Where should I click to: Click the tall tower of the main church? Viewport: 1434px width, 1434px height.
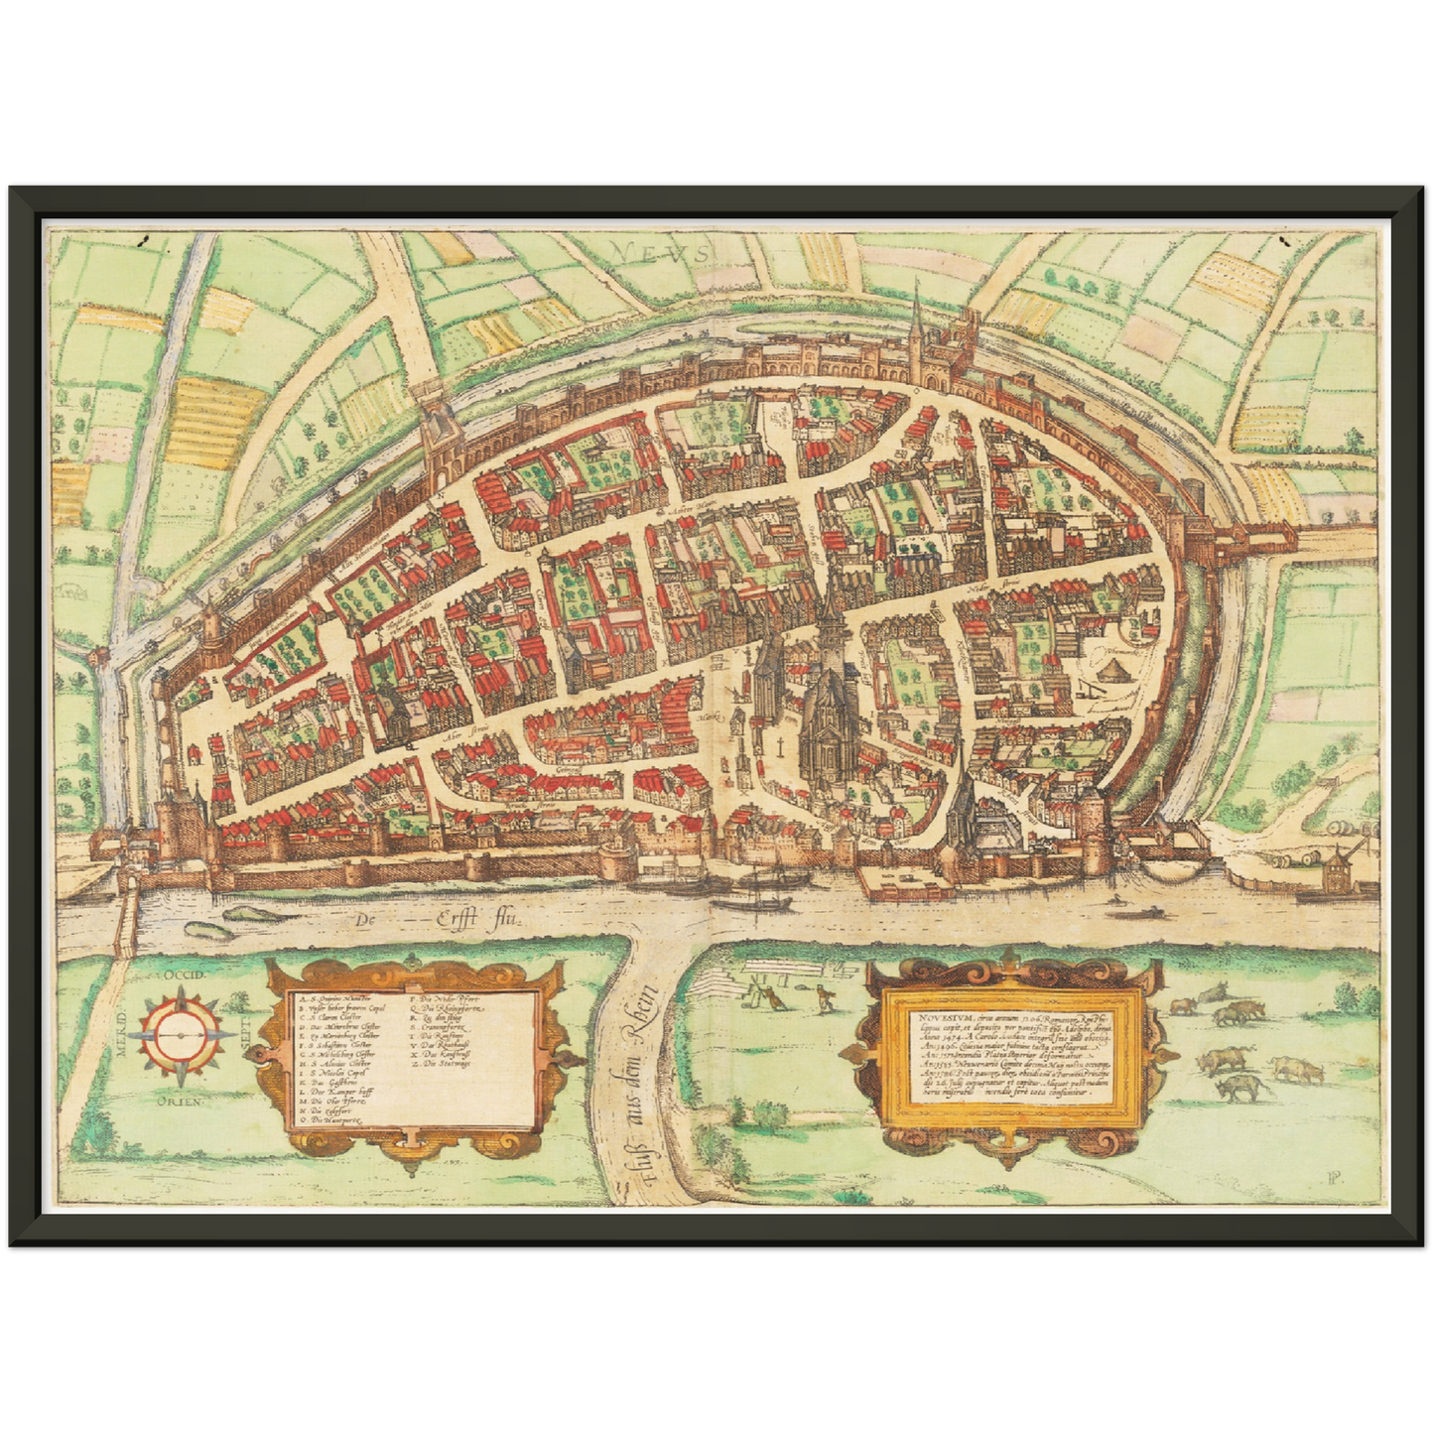click(x=829, y=635)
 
